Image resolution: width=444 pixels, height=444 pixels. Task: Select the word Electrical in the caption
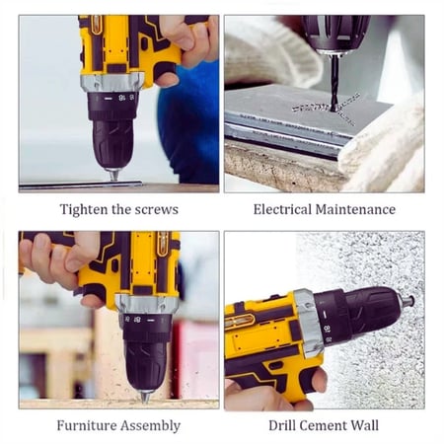[x=282, y=209]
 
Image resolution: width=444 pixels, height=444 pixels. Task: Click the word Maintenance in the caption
[x=355, y=209]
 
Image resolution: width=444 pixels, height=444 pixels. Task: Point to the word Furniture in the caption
[x=86, y=425]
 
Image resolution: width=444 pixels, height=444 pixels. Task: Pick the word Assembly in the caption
[x=150, y=426]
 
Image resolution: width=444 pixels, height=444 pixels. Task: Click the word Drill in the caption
[x=281, y=425]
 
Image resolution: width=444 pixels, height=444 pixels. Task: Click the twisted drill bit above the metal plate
[x=334, y=83]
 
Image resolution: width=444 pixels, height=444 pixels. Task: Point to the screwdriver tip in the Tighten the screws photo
[x=113, y=175]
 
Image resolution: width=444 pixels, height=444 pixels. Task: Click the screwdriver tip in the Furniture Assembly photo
[x=145, y=397]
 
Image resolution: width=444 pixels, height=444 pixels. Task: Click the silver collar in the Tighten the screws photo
[x=112, y=82]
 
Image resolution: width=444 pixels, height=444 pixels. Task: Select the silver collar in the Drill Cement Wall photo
[x=308, y=324]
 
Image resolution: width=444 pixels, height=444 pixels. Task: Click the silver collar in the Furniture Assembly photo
[x=147, y=304]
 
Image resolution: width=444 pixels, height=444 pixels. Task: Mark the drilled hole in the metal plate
[x=334, y=110]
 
